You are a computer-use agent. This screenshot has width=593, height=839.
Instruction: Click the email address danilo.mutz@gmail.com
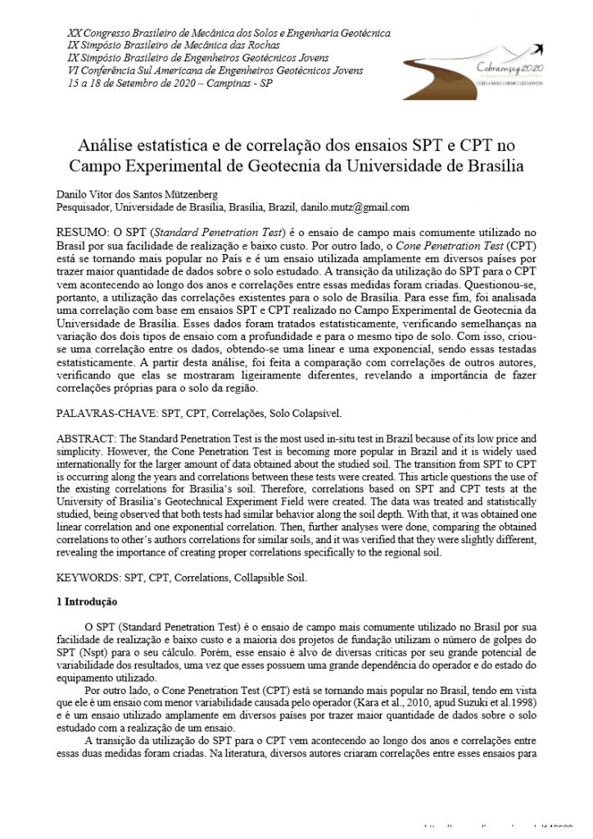[x=355, y=207]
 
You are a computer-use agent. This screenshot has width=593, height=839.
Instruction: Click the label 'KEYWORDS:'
[x=88, y=578]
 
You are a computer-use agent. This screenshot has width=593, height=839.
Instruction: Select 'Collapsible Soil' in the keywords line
[x=266, y=578]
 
